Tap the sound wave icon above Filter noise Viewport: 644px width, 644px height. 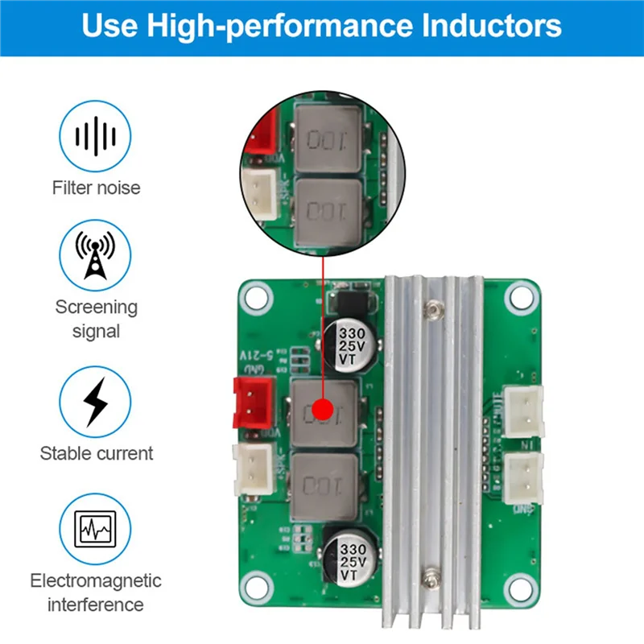pyautogui.click(x=96, y=134)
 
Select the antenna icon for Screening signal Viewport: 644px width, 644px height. pyautogui.click(x=96, y=255)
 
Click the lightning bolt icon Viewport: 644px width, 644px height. pyautogui.click(x=96, y=401)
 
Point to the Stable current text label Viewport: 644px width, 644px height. pyautogui.click(x=96, y=453)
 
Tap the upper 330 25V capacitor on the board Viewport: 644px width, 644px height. pyautogui.click(x=352, y=345)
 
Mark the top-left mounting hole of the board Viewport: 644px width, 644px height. pyautogui.click(x=257, y=297)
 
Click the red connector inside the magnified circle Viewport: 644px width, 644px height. pyautogui.click(x=262, y=132)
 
